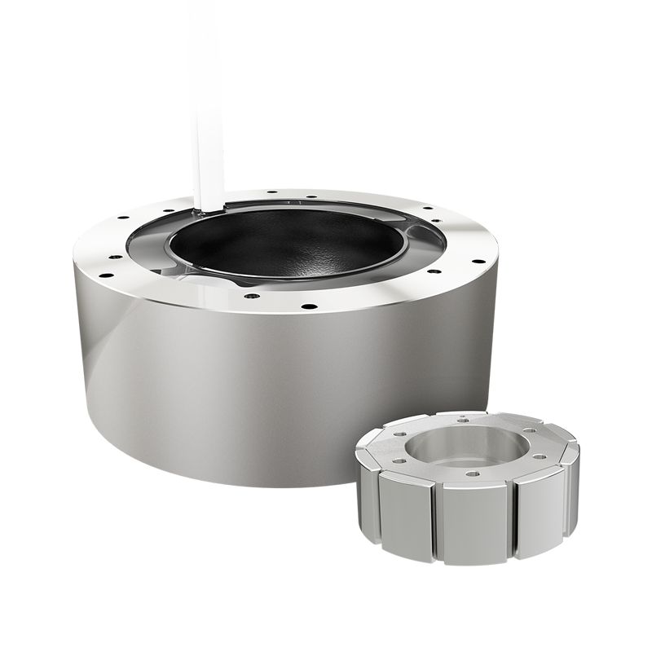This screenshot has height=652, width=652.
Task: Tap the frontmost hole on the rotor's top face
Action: (470, 474)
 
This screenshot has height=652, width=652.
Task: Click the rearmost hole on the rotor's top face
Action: (463, 421)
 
